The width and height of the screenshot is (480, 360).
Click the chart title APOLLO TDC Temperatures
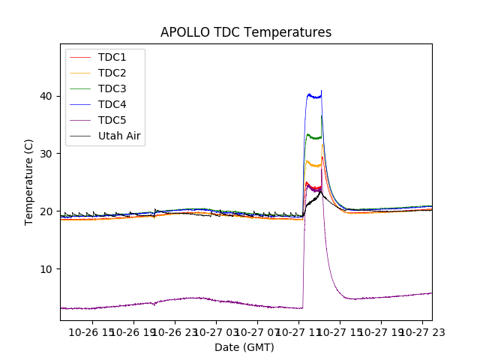[246, 32]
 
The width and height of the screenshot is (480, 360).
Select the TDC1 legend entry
[112, 58]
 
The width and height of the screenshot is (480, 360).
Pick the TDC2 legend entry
[112, 73]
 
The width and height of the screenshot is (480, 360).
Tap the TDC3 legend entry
[112, 89]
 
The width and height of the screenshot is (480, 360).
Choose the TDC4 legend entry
[112, 105]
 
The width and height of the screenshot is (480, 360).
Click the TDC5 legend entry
[112, 121]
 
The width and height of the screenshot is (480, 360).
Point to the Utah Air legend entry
[119, 136]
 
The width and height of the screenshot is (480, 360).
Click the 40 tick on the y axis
[46, 96]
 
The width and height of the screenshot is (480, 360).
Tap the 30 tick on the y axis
[46, 154]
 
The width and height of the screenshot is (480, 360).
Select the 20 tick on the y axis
[46, 211]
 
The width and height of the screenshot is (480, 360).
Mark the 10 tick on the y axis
[46, 269]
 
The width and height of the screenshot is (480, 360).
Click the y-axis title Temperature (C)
[30, 182]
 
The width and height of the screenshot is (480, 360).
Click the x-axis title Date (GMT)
[244, 347]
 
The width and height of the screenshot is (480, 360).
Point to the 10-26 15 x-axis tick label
[93, 331]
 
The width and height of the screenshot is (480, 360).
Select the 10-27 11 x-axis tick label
[298, 331]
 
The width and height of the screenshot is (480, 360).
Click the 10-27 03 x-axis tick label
[216, 331]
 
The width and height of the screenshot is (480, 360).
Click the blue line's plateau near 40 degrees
[313, 96]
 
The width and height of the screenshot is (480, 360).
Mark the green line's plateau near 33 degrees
[313, 137]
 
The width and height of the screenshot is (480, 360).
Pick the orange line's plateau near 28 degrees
[313, 164]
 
